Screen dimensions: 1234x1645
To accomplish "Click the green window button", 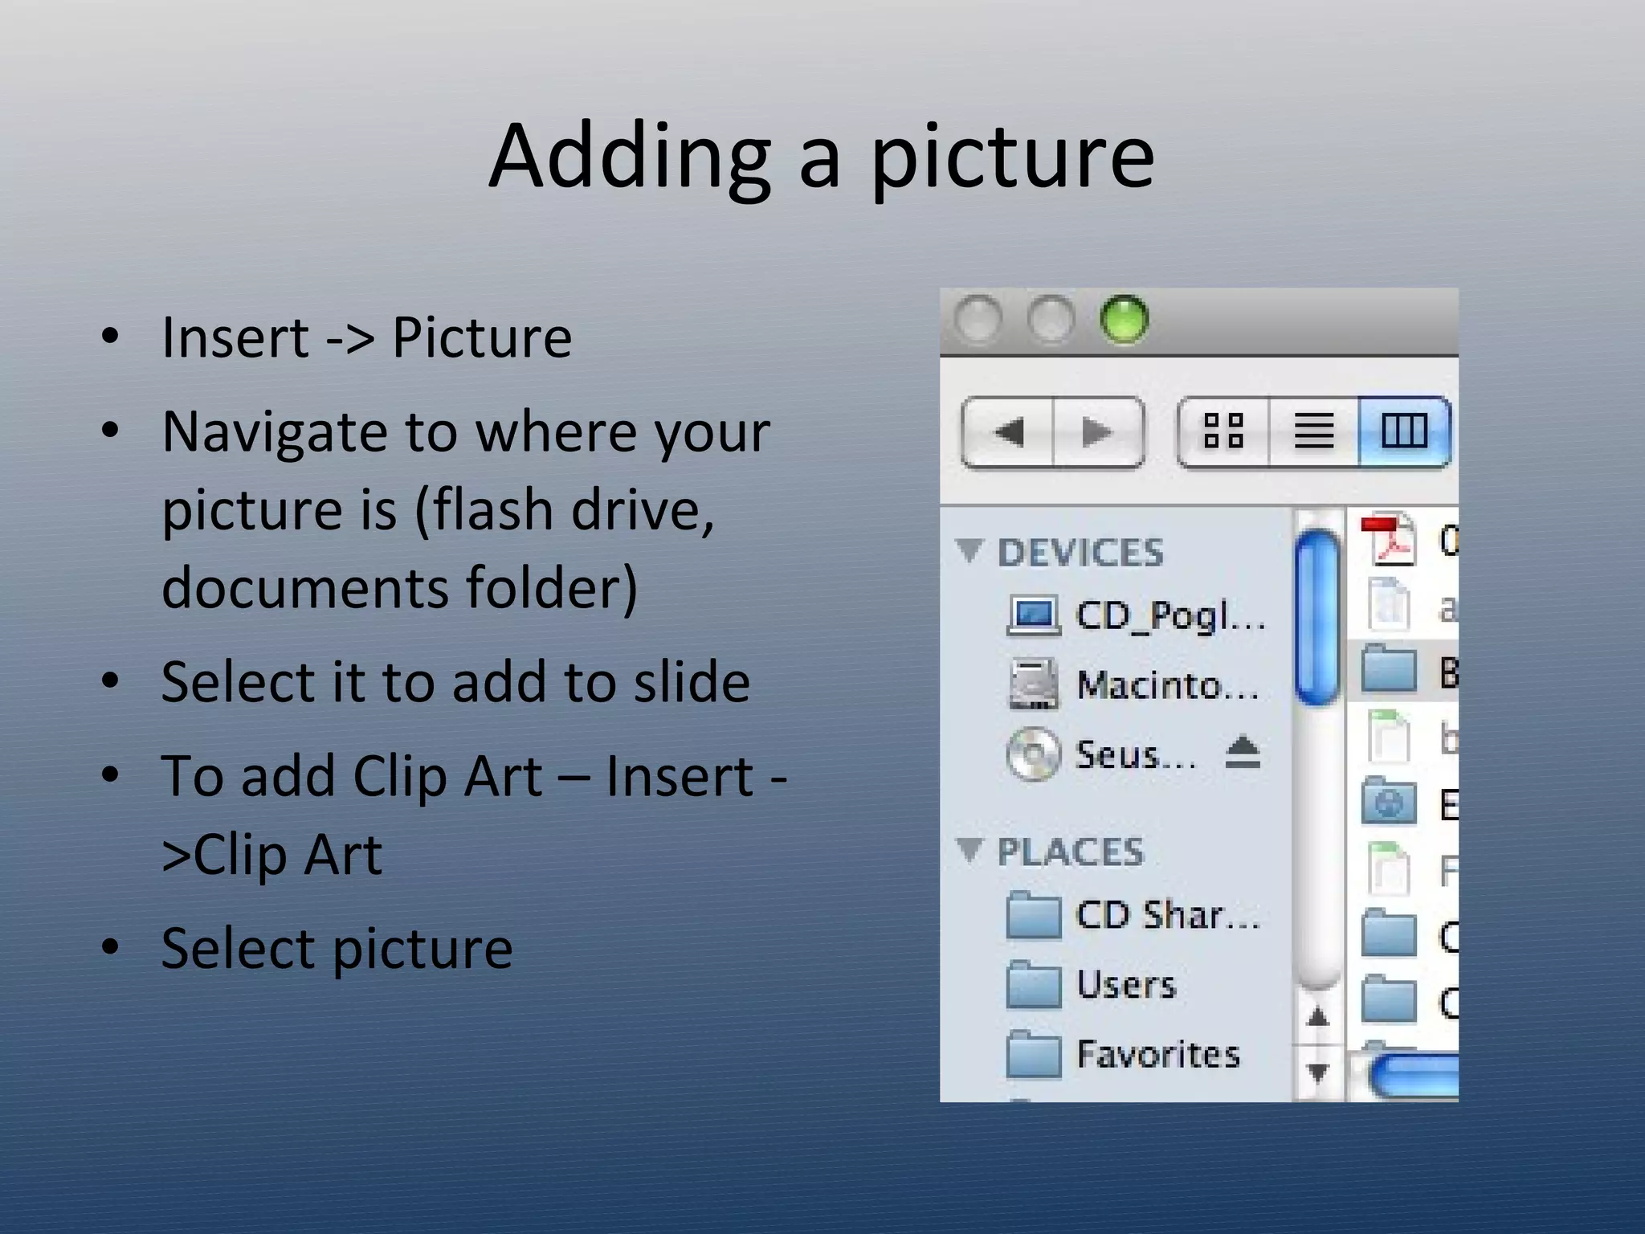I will [x=1124, y=320].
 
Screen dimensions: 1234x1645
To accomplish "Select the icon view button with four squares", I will [x=1223, y=431].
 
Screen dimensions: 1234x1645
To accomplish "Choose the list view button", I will [x=1314, y=431].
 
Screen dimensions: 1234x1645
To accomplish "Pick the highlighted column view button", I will [x=1404, y=431].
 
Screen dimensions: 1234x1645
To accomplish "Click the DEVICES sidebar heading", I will [x=1080, y=553].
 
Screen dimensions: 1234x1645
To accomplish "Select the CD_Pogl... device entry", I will [x=1169, y=616].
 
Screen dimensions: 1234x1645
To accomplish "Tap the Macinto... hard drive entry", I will [x=1167, y=685].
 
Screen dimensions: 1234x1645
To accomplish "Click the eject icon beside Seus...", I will [x=1243, y=753].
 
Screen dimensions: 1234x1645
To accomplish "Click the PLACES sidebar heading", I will [x=1070, y=852].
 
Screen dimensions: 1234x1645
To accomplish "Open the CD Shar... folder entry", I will [x=1167, y=915].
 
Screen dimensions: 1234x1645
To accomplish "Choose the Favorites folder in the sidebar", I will [x=1157, y=1054].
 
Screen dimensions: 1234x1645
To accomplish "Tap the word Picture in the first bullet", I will [x=482, y=337].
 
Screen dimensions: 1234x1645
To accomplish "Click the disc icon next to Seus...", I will [x=1033, y=754].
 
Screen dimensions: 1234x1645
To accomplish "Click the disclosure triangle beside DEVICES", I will [x=969, y=551].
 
